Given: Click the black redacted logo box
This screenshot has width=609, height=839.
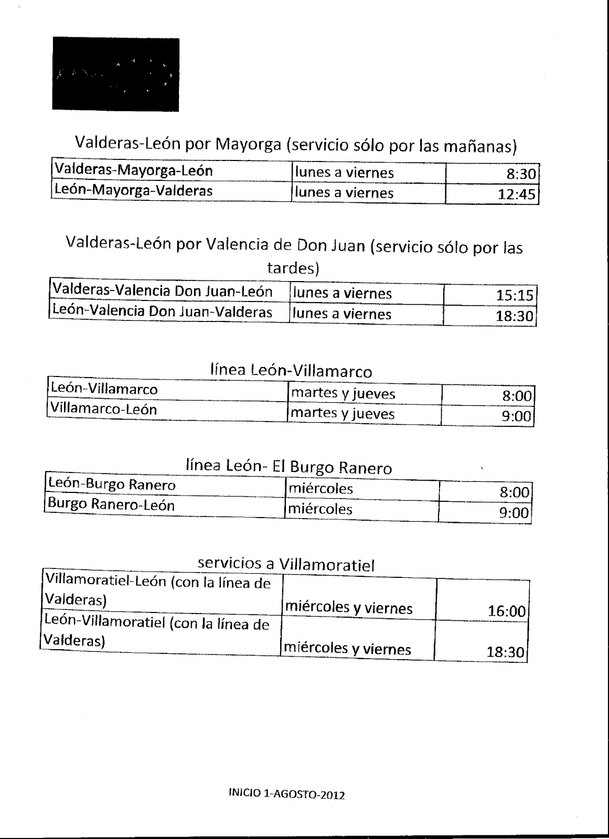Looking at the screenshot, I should [x=115, y=74].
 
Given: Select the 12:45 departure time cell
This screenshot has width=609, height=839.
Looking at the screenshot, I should [x=492, y=195].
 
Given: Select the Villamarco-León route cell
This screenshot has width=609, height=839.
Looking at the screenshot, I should [x=167, y=410].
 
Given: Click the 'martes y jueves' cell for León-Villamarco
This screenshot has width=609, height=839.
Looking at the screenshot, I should [x=364, y=393].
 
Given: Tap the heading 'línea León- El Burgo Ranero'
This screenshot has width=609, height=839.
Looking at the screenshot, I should [x=289, y=467].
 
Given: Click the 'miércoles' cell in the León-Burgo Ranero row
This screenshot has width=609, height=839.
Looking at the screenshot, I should [x=361, y=489].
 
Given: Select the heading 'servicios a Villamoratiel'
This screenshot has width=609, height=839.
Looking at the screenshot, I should [x=286, y=564].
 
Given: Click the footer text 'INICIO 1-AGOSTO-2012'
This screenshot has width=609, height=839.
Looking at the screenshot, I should [x=286, y=794].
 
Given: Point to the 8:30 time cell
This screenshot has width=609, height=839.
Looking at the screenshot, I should [x=492, y=174].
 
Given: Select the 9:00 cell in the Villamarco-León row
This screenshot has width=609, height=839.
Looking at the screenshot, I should [x=487, y=416].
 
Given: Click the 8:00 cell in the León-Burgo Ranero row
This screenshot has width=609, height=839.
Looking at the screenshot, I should [x=485, y=492].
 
